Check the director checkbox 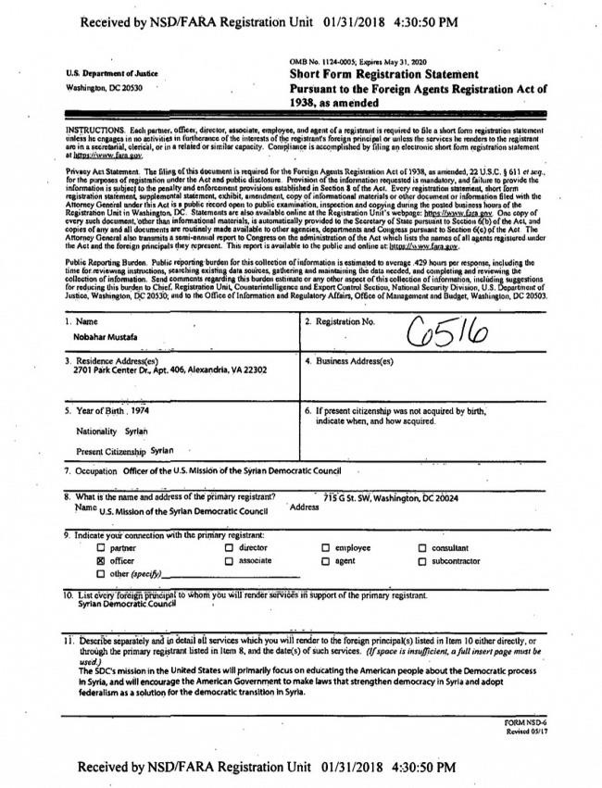tap(229, 548)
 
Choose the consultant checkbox tap(422, 548)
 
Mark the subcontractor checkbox tap(422, 561)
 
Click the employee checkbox tap(325, 548)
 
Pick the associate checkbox tap(229, 561)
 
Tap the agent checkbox tap(325, 561)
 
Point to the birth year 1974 tap(141, 410)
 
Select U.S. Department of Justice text tap(112, 73)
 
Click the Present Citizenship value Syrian tap(162, 451)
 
